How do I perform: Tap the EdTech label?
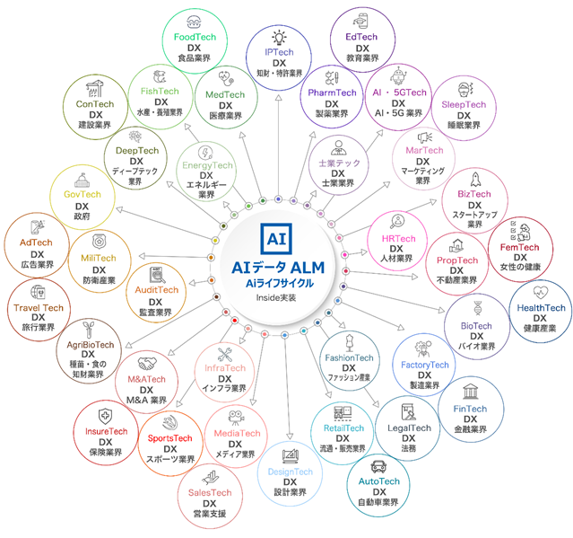pos(363,36)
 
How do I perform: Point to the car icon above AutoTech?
pos(378,466)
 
